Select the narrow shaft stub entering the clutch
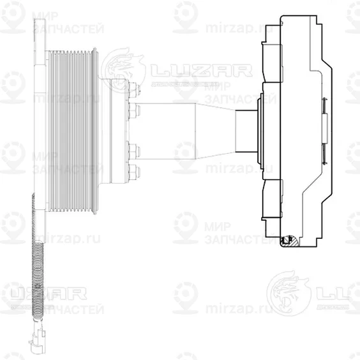click(246, 131)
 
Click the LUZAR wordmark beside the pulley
click(185, 69)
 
